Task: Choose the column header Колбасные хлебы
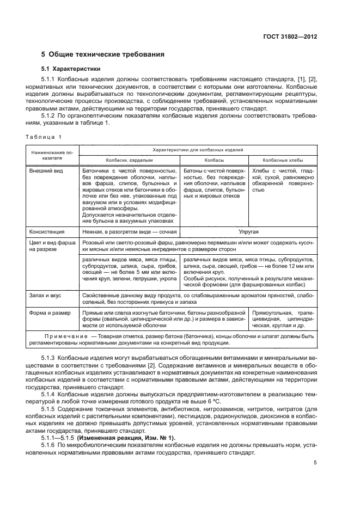[283, 161]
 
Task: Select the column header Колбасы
[213, 161]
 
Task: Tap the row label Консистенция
[47, 231]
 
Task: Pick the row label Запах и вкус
[45, 296]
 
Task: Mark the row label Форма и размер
[47, 313]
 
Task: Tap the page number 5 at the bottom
[315, 463]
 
